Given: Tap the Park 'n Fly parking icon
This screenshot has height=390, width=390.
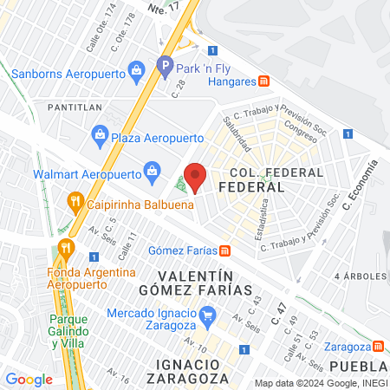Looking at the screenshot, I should click(x=165, y=64).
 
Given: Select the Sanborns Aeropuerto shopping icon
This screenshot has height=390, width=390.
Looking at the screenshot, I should click(x=135, y=69).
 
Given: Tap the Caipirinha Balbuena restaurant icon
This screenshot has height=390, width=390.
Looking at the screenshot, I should click(x=75, y=204).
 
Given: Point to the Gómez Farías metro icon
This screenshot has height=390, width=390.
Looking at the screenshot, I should click(x=224, y=251).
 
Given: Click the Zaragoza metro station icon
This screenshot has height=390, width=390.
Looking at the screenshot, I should click(x=378, y=347).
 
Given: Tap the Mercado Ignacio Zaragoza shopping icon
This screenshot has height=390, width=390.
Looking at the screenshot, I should click(x=206, y=313).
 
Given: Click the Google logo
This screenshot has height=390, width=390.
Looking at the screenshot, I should click(x=29, y=379).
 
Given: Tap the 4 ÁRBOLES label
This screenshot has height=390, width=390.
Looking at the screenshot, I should click(x=361, y=275).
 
